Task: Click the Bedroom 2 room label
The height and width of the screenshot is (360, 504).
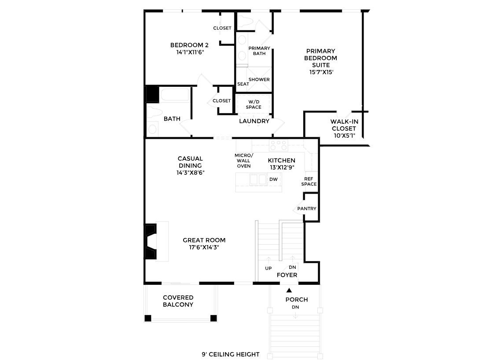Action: (x=189, y=45)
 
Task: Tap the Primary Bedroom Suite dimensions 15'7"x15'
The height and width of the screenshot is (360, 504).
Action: (x=321, y=72)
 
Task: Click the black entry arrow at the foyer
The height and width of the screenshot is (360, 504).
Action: (x=289, y=290)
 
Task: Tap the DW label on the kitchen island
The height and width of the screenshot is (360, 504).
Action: (x=273, y=179)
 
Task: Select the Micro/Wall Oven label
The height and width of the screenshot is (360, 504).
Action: (x=243, y=161)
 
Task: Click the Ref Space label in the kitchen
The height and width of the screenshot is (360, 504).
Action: (x=309, y=181)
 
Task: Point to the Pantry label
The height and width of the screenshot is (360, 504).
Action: (x=307, y=209)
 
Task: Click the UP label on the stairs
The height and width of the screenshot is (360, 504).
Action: (x=268, y=268)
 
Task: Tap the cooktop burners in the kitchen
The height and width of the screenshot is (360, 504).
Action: (x=278, y=145)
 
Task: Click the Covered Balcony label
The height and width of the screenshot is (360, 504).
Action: (x=178, y=301)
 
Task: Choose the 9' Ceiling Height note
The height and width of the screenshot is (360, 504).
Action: (x=231, y=354)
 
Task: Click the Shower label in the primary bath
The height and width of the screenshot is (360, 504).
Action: (x=259, y=80)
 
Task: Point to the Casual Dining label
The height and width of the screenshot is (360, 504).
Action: (x=190, y=162)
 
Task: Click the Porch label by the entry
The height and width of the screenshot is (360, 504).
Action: (x=296, y=300)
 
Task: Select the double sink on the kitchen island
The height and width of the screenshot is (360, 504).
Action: (x=258, y=179)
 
